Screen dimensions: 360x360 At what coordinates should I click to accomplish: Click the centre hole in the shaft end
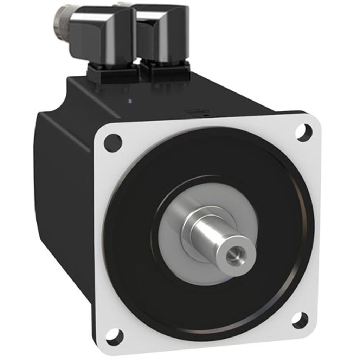click(x=233, y=253)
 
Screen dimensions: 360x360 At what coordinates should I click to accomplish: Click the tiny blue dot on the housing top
click(x=130, y=102)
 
